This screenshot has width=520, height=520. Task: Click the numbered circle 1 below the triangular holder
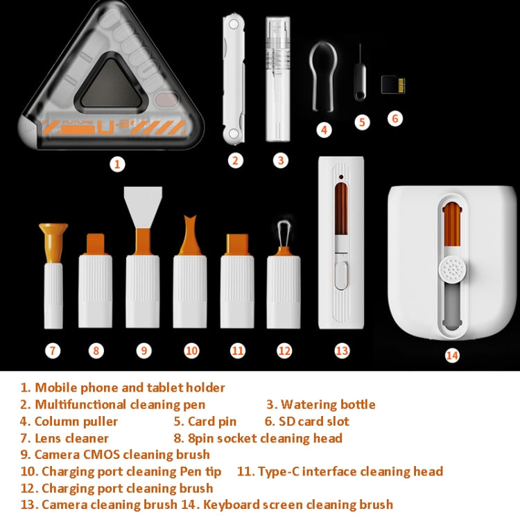pyautogui.click(x=117, y=164)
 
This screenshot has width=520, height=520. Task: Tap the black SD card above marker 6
pyautogui.click(x=393, y=85)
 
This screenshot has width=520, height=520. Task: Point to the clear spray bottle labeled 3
pyautogui.click(x=280, y=78)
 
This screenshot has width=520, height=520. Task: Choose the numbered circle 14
pyautogui.click(x=452, y=355)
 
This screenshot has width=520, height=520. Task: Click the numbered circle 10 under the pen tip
pyautogui.click(x=191, y=351)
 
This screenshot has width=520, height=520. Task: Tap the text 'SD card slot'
pyautogui.click(x=315, y=422)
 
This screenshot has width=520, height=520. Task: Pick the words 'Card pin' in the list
pyautogui.click(x=211, y=422)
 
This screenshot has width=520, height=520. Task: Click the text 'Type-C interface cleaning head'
pyautogui.click(x=349, y=471)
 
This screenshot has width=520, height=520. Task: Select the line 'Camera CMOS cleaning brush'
pyautogui.click(x=122, y=455)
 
